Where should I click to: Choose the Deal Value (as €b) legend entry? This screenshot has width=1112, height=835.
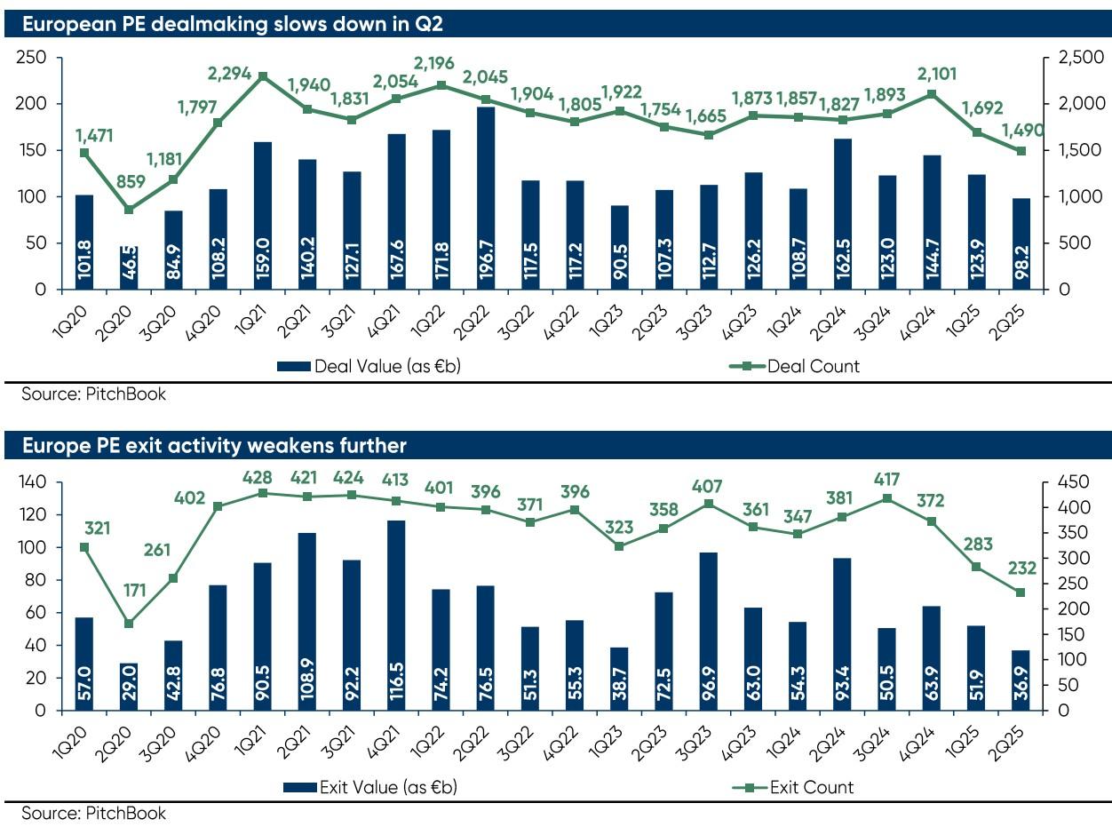374,365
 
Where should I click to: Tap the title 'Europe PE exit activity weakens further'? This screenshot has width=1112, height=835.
214,444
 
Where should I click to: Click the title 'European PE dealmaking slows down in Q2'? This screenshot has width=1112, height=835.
232,24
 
